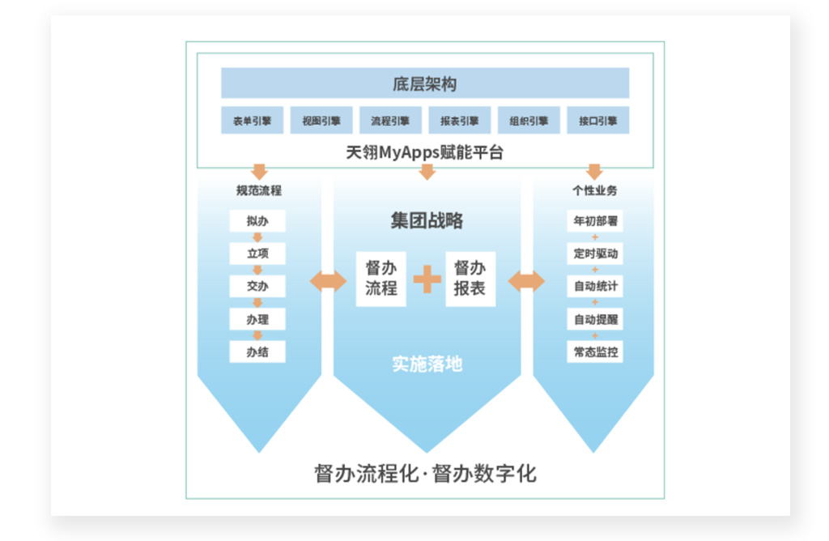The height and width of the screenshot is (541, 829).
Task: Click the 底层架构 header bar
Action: tap(425, 83)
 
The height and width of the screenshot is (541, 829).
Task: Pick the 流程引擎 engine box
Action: tap(390, 121)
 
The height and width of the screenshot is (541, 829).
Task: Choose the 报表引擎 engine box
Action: tap(459, 121)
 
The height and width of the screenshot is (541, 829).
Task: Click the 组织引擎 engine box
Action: tap(529, 121)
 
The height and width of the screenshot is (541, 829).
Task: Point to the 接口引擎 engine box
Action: tap(597, 121)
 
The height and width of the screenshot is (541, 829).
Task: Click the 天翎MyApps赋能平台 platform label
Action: tap(425, 151)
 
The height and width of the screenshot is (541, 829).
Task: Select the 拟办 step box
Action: tap(257, 221)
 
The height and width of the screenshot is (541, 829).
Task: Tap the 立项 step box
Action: tap(257, 253)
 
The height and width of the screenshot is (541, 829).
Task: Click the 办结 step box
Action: tap(257, 351)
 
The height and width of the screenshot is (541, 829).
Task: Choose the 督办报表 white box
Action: tap(470, 279)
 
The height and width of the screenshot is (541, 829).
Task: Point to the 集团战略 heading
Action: tap(427, 221)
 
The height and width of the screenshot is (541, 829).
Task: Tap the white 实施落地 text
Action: tap(427, 364)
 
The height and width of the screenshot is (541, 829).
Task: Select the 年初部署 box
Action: tap(595, 221)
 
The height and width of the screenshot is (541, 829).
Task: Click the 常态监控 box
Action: tap(595, 351)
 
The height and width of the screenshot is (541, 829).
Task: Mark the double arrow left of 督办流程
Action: tap(328, 281)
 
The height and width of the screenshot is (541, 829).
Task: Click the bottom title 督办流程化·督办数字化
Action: tap(425, 473)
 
